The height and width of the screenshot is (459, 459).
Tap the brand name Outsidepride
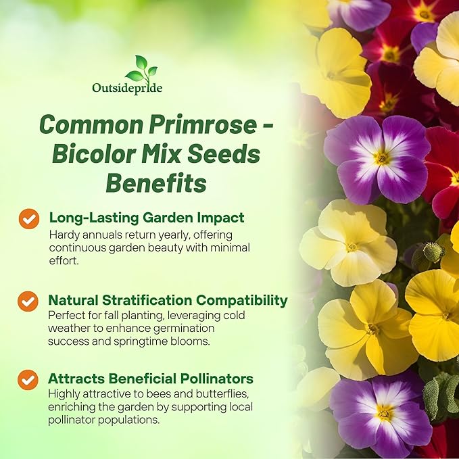tap(127, 88)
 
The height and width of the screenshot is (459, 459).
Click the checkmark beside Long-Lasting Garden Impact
tap(28, 219)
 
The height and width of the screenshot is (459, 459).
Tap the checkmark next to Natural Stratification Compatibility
tap(28, 301)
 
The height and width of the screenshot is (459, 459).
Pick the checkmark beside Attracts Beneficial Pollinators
tap(28, 380)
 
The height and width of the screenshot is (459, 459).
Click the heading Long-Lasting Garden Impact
tap(147, 218)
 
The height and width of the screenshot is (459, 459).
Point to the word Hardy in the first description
tap(64, 235)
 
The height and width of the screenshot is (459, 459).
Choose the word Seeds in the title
tap(226, 153)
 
